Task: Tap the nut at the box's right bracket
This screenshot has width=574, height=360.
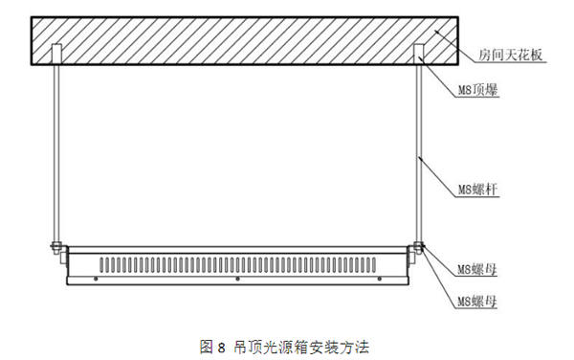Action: point(419,251)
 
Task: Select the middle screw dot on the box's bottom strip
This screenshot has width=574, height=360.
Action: point(237,280)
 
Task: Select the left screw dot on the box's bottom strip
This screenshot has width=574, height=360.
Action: point(97,280)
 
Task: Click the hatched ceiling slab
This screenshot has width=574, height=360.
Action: point(239,41)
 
